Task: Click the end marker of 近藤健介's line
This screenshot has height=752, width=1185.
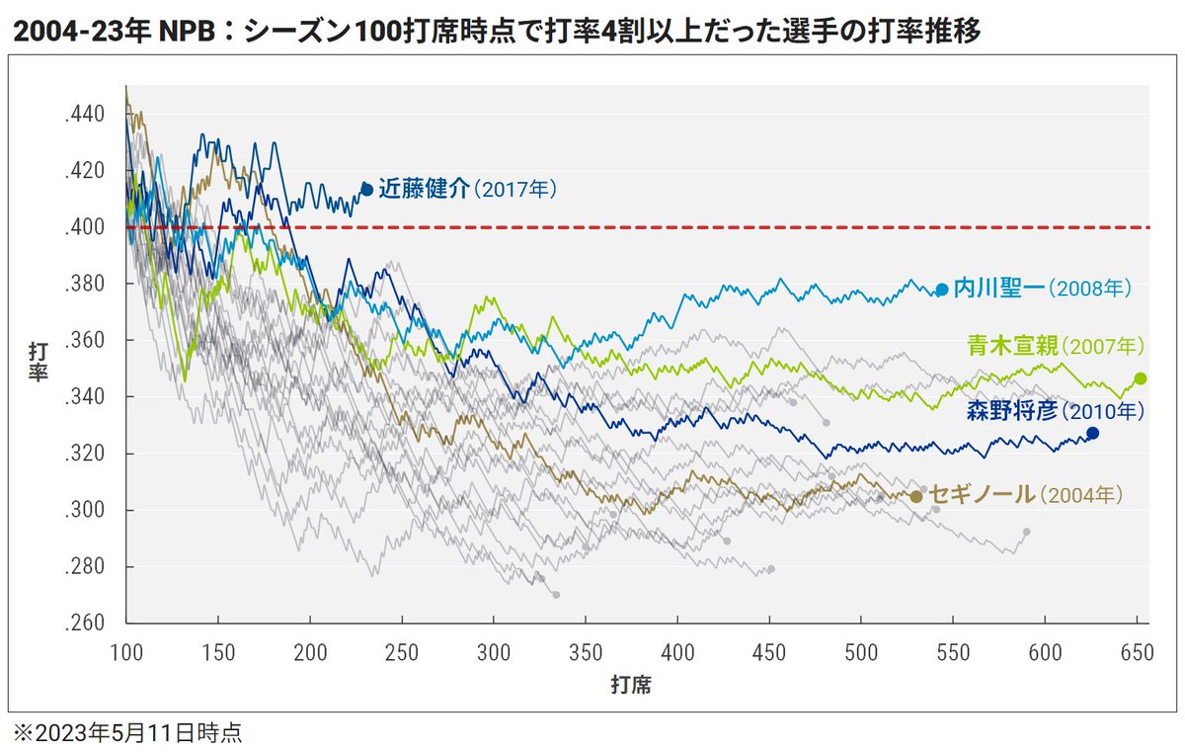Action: pyautogui.click(x=366, y=189)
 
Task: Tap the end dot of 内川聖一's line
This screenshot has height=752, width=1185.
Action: pyautogui.click(x=941, y=290)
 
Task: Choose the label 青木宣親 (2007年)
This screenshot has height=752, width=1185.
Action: pyautogui.click(x=1053, y=346)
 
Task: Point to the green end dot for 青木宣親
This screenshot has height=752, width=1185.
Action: pyautogui.click(x=1141, y=378)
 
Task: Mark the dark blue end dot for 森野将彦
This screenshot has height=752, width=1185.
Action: pyautogui.click(x=1092, y=433)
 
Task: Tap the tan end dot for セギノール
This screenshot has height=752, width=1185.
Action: pyautogui.click(x=916, y=497)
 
